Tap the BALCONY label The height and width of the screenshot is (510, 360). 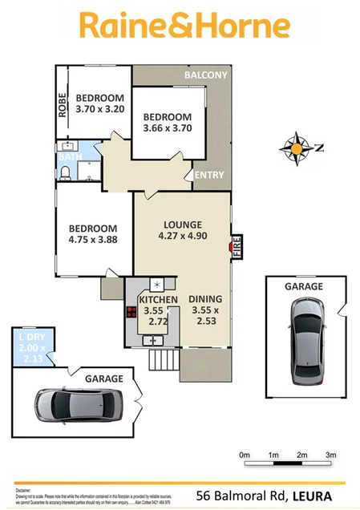[205, 75]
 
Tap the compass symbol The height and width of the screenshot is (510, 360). [297, 148]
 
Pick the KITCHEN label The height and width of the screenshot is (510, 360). [152, 299]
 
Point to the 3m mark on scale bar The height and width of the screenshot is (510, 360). [330, 455]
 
